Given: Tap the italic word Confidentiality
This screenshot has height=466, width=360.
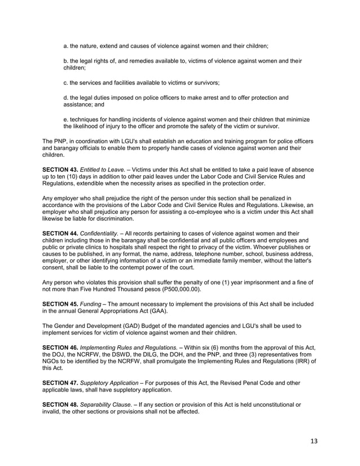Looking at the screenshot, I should pyautogui.click(x=102, y=232).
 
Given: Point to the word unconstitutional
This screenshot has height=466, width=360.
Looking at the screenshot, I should pyautogui.click(x=270, y=406).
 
